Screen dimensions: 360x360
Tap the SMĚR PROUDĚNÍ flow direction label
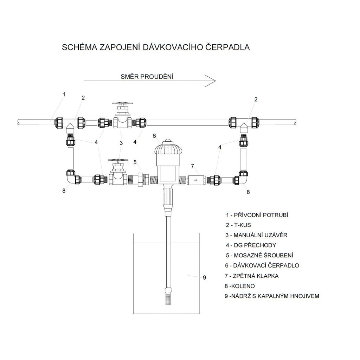pos(147,77)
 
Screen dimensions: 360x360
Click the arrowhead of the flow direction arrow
pos(211,81)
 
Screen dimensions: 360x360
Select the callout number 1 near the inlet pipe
pos(65,94)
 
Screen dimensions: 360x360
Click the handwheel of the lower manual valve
pos(118,160)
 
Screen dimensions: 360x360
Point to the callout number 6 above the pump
pos(154,136)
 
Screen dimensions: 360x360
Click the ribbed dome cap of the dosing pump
pos(168,147)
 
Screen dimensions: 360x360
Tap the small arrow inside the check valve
pos(195,180)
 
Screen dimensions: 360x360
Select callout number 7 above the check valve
pos(193,166)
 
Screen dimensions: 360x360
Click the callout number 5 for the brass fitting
pos(135,162)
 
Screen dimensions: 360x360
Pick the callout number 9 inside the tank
pos(204,277)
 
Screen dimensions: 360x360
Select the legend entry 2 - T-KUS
pos(238,225)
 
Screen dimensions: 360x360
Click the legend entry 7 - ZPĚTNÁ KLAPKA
pos(252,276)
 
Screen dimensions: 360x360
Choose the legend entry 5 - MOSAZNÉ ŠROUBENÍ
pos(259,255)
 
